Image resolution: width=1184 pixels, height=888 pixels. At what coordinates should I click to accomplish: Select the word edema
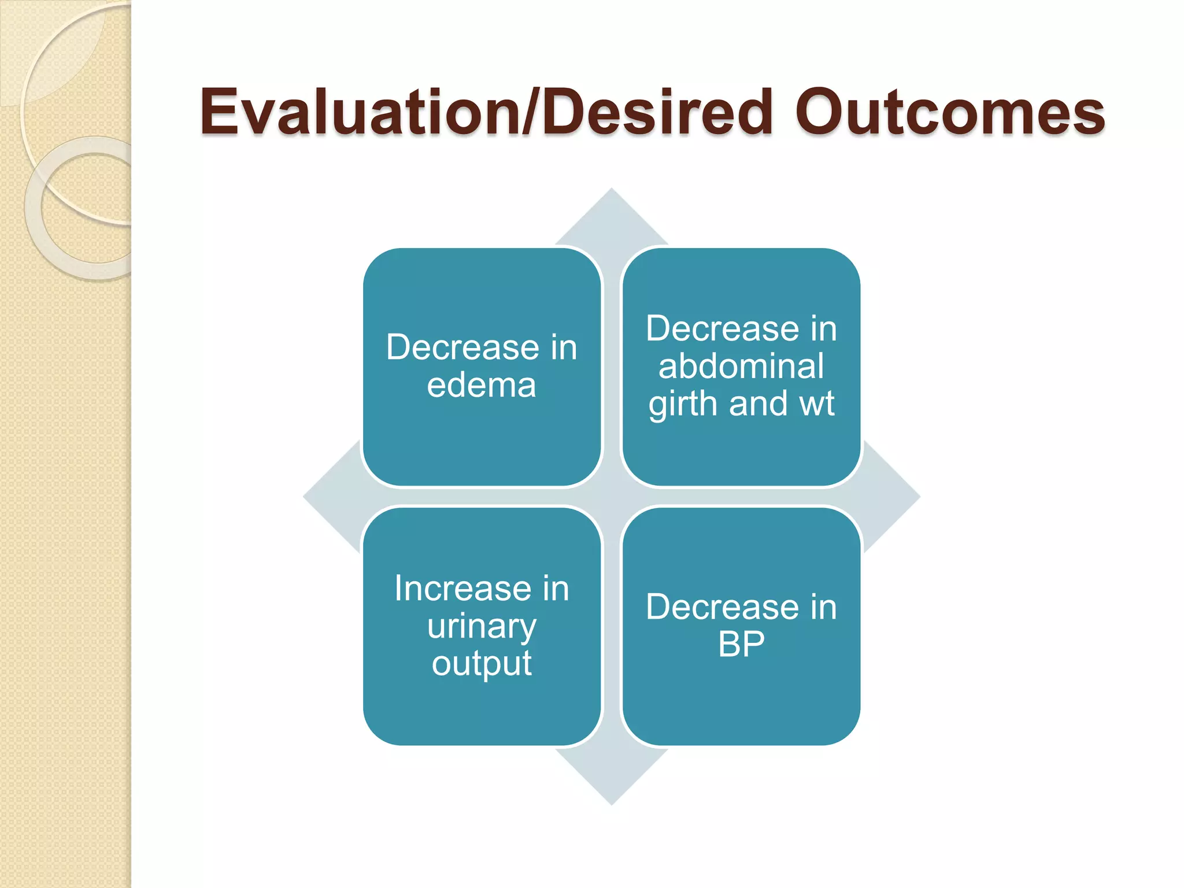[x=482, y=386]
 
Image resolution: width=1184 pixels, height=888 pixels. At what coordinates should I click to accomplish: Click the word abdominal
[x=741, y=367]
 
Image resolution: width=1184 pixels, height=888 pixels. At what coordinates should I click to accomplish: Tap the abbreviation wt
[x=816, y=404]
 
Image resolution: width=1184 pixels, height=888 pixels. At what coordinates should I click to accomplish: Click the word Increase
[x=462, y=589]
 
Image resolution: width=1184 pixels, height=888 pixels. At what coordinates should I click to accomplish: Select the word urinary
[x=482, y=627]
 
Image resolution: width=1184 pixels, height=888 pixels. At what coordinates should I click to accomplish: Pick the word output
[x=482, y=664]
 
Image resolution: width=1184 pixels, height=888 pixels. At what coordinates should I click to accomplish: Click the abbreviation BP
[x=741, y=644]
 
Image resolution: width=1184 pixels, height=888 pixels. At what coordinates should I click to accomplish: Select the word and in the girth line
[x=757, y=404]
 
